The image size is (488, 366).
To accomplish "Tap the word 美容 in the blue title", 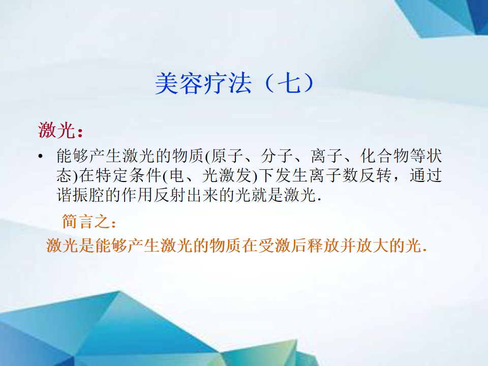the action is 179,83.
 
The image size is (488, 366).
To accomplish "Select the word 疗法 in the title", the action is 228,83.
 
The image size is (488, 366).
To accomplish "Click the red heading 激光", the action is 56,130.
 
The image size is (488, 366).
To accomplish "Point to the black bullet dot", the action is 40,156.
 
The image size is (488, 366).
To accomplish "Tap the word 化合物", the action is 385,156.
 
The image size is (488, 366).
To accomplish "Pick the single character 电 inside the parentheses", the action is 176,175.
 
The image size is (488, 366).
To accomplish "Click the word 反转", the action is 375,175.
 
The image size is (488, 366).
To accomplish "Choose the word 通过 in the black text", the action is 426,175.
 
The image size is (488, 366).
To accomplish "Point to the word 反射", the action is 170,195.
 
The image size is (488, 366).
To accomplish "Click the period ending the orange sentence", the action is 425,251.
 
